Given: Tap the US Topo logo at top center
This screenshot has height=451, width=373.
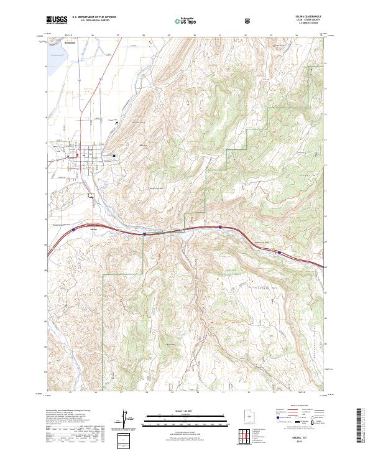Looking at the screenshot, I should tap(183, 20).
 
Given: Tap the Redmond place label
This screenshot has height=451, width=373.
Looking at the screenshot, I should tap(70, 43).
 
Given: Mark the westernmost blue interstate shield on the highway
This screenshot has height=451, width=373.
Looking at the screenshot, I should tap(73, 228).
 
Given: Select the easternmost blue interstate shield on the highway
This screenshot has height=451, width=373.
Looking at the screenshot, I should tap(279, 253).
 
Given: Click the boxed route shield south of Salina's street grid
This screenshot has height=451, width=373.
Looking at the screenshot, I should tap(91, 195).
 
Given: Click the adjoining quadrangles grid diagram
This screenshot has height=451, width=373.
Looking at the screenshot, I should tap(247, 435).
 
